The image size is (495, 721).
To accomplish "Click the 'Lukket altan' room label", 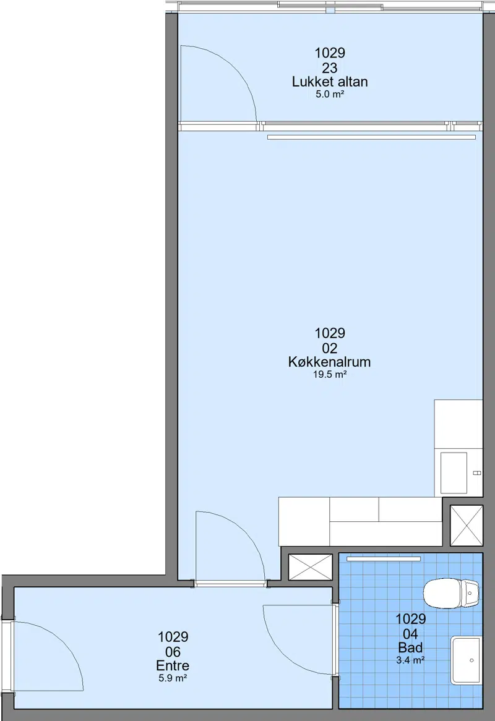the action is pos(330,82).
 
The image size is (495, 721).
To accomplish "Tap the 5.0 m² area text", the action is pos(330,94).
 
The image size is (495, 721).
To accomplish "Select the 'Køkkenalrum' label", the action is pos(329,362).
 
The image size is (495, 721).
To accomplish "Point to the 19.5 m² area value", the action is pos(329,374).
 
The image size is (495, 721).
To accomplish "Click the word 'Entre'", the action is pos(173,665).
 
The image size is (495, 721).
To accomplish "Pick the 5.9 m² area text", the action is pos(173,678).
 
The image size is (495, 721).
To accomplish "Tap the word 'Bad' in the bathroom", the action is pos(410,648).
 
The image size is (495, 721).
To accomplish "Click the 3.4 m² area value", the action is pos(410,660).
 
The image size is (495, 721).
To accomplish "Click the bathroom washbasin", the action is pos(466,660).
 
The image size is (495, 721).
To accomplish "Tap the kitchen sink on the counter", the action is pos(454,472).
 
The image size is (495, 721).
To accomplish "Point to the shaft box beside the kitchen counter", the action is pos(467,525).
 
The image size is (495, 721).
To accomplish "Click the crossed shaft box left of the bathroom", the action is pos(310,567).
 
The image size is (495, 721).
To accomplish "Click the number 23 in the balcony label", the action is pos(329,68).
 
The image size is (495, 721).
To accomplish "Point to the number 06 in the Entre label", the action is pos(173,652).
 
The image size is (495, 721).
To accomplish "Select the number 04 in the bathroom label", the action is pos(410,634).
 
